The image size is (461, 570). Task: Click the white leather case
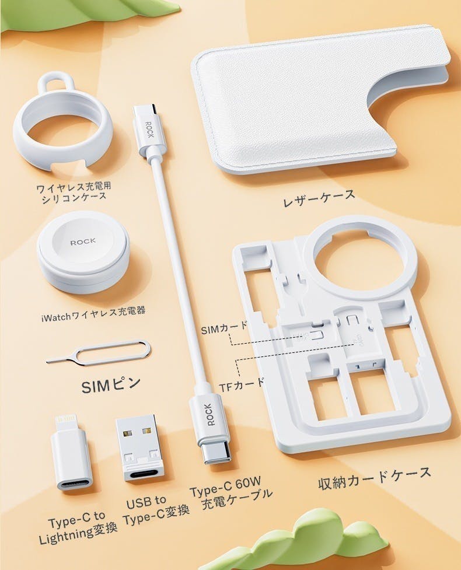pos(315,109)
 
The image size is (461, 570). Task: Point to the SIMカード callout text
pos(223,330)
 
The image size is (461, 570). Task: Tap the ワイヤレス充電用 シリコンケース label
pos(74,191)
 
